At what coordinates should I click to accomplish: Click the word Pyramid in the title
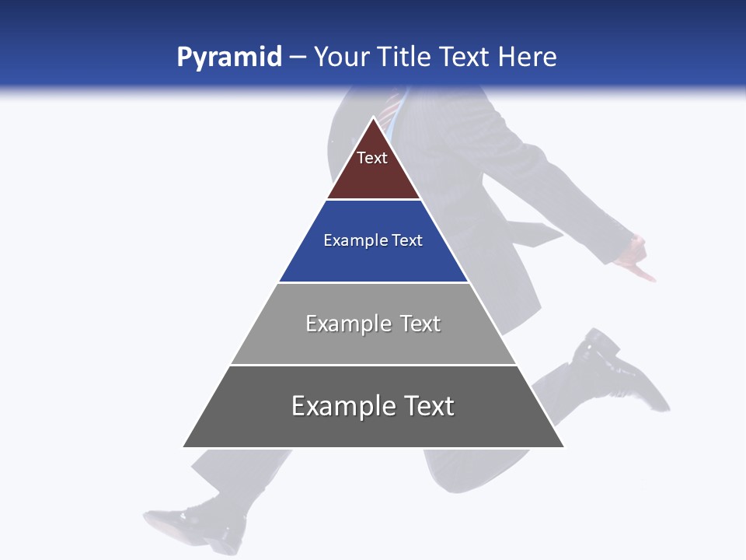[228, 58]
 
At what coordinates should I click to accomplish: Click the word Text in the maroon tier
[372, 158]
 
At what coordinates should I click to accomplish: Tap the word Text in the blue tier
[408, 240]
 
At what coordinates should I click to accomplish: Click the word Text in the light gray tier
[420, 324]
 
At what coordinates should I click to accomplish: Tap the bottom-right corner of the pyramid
[563, 447]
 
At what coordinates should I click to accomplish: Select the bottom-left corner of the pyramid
[183, 447]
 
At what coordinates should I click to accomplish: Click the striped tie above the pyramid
[392, 106]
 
